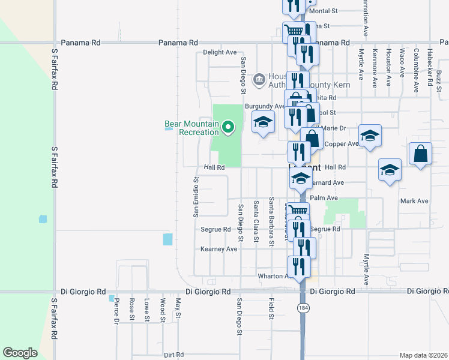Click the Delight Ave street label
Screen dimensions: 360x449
(220, 53)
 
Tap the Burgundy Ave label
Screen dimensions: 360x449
(264, 106)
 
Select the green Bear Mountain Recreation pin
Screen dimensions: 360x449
(228, 127)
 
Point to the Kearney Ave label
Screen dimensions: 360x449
(219, 249)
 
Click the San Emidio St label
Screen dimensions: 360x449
(196, 197)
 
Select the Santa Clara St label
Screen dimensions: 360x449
(256, 221)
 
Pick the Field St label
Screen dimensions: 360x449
(271, 308)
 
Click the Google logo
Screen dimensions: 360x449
(20, 353)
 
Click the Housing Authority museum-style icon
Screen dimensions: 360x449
(259, 79)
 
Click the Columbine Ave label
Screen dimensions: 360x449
(415, 70)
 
